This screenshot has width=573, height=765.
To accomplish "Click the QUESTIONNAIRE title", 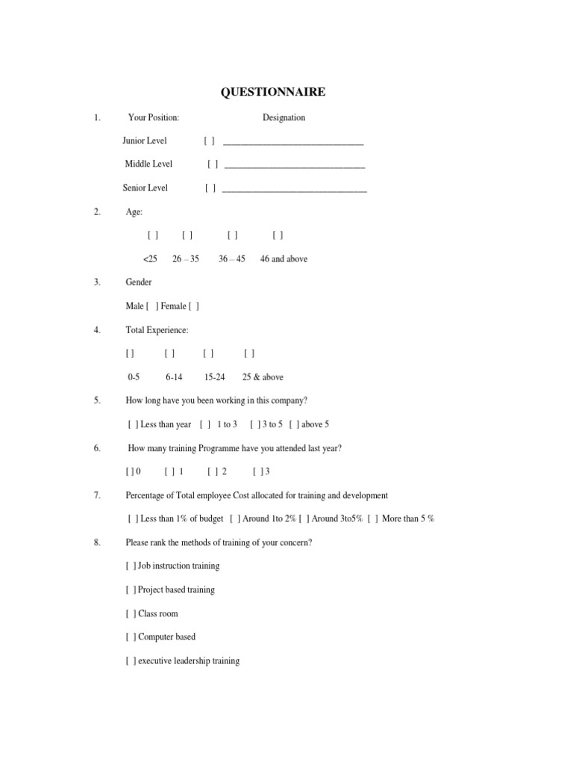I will coord(273,93).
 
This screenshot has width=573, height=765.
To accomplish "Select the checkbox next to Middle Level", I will coord(213,164).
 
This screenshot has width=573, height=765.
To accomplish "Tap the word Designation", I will coord(284,117).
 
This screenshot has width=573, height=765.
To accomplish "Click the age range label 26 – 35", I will coord(186,259).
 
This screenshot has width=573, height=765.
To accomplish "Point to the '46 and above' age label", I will coord(284,259).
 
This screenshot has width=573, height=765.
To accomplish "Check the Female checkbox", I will coord(194,306).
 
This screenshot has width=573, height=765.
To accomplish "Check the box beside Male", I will coord(152,306).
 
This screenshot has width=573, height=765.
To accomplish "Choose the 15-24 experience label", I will coord(214,377).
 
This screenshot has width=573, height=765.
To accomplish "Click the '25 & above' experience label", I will coord(263,377).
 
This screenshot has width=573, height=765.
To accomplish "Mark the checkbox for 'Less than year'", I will coord(133,424).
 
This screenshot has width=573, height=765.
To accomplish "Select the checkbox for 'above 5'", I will coord(294,424).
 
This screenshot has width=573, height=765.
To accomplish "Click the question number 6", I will coord(97,448).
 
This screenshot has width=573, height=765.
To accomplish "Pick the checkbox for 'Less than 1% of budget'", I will coord(133,518).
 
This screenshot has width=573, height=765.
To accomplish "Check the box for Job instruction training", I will coord(131,566).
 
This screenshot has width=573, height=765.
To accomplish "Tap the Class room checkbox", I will coord(131,614).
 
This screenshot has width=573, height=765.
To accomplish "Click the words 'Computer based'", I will coord(167,637).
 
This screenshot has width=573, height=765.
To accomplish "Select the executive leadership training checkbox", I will coord(131,661).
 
